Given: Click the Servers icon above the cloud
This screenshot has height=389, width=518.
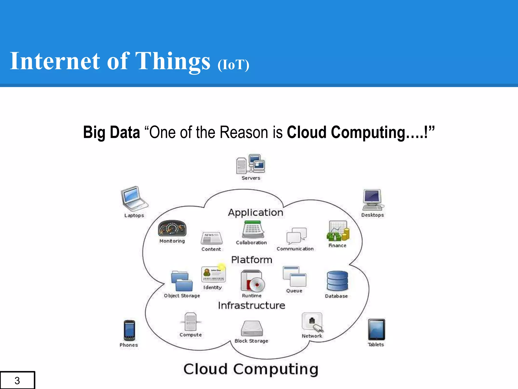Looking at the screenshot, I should (x=250, y=164).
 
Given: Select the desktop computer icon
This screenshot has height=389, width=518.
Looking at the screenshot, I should (x=373, y=200).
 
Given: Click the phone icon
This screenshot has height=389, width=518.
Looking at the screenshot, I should (x=129, y=330).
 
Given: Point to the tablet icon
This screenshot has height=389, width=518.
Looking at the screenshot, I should (x=376, y=329).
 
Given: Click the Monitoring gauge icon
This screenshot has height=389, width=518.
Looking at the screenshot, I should (x=172, y=228).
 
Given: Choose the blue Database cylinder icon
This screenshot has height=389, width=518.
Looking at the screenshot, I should (x=337, y=281).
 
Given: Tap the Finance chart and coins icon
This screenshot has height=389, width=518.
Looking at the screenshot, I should (x=338, y=231).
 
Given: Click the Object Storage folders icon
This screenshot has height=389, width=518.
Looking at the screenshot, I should (x=182, y=281).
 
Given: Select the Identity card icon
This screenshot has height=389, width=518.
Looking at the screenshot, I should (x=213, y=275).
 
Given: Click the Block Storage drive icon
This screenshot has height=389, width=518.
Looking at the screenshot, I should (x=252, y=328).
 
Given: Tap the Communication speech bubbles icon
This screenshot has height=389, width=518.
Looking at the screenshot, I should (x=296, y=235).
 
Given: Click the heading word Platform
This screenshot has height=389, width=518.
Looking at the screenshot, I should (x=251, y=260).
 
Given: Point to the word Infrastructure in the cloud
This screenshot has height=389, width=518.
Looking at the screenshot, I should (x=251, y=305).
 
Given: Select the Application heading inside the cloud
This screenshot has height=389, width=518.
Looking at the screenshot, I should (x=255, y=212).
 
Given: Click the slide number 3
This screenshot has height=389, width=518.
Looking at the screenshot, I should (x=17, y=380).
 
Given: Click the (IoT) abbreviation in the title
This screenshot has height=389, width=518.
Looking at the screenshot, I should (x=233, y=65).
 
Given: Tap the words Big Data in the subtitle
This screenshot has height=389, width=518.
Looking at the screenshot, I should (x=112, y=132).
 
